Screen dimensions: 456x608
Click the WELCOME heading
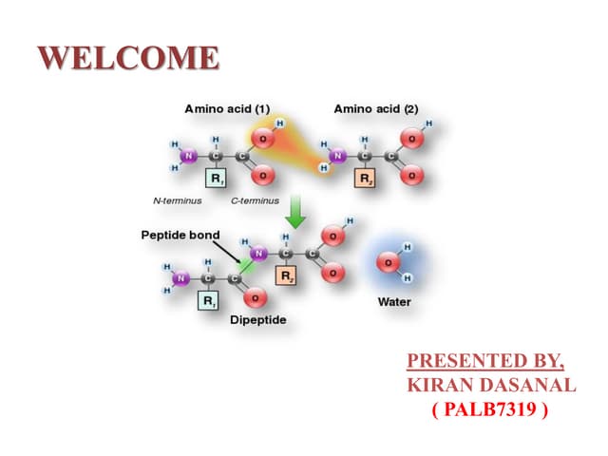129,58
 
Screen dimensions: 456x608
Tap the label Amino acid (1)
226,109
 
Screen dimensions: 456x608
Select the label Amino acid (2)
375,109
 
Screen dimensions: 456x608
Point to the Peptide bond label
180,235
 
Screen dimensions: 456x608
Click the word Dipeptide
257,319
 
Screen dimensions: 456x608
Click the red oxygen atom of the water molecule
387,262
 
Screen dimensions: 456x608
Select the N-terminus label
177,201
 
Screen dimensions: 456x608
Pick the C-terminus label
255,201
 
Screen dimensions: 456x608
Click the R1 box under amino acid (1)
217,179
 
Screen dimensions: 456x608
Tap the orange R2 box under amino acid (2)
365,179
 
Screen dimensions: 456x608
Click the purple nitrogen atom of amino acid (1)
188,156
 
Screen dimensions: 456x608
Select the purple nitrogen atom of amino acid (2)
337,156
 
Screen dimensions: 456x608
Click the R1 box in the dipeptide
208,301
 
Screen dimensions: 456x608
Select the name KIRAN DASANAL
490,385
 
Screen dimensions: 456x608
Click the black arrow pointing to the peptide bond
230,252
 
